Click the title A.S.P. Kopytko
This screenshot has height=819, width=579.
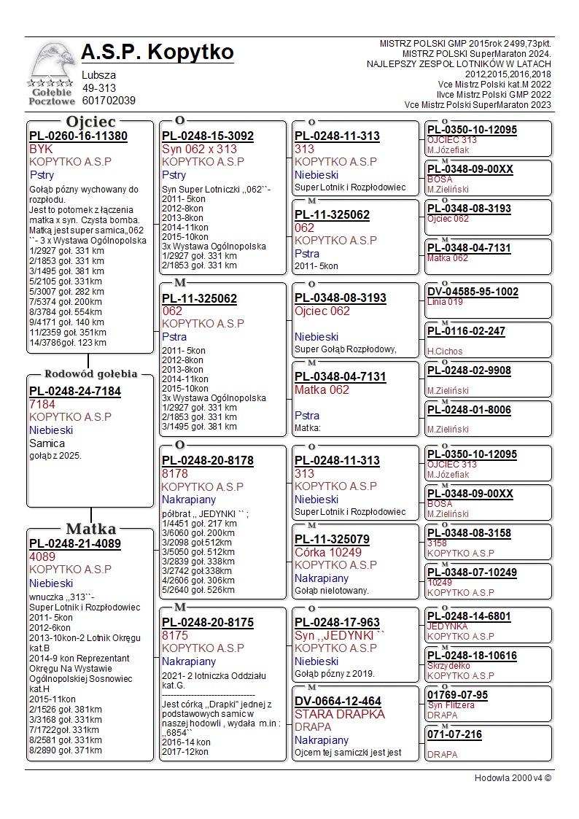tap(158, 53)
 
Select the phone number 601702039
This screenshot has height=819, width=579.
tap(109, 101)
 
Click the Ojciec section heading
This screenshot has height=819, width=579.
tap(90, 121)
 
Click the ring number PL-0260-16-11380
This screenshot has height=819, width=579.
tap(78, 136)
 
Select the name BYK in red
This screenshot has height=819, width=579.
tap(41, 149)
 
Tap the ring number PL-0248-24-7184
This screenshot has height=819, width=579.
tap(74, 391)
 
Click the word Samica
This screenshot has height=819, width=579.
tap(47, 443)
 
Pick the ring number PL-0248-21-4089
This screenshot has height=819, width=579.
tap(74, 543)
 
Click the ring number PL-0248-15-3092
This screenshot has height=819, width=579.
tap(207, 136)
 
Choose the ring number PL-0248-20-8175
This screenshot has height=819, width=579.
tap(207, 622)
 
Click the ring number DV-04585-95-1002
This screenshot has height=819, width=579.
tap(473, 292)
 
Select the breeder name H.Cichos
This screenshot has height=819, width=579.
tap(445, 352)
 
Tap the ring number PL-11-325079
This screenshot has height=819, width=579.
tap(332, 539)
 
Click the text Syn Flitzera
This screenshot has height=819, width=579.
tap(451, 705)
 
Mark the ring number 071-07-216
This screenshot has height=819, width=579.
tap(454, 734)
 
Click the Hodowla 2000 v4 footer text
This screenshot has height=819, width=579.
tap(513, 778)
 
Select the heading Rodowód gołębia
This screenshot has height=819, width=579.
tap(91, 374)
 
